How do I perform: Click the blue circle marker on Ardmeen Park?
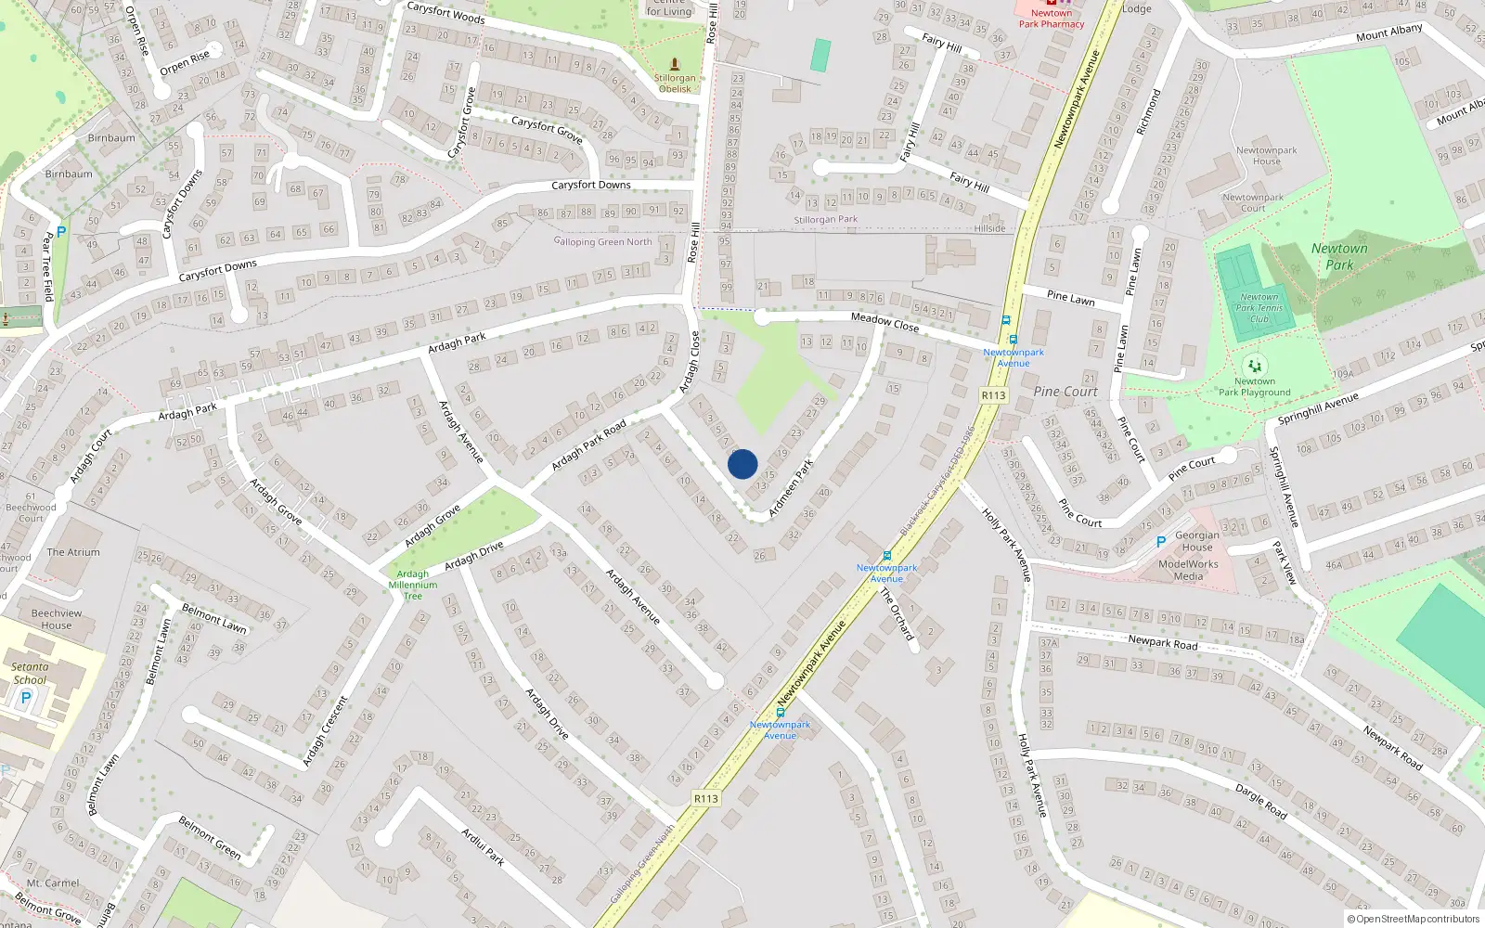click(x=742, y=464)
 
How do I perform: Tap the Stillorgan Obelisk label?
click(x=675, y=84)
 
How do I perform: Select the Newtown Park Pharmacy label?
click(x=1051, y=19)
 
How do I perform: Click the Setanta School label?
click(x=30, y=673)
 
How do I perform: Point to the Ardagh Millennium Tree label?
click(x=413, y=585)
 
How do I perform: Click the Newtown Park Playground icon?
click(x=1254, y=366)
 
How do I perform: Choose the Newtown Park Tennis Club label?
click(x=1259, y=308)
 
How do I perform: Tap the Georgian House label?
click(x=1197, y=541)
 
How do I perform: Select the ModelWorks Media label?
click(x=1188, y=570)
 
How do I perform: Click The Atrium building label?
click(x=73, y=552)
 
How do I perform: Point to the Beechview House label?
click(x=57, y=619)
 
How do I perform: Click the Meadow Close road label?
click(x=885, y=322)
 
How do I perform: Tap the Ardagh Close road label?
click(x=690, y=362)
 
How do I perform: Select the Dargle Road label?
click(x=1260, y=799)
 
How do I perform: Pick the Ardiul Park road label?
click(x=483, y=846)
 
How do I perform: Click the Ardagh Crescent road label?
click(x=325, y=731)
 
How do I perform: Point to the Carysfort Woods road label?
click(x=445, y=12)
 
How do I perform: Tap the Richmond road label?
click(x=1149, y=111)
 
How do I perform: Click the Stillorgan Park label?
click(x=825, y=220)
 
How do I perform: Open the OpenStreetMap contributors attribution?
click(x=1417, y=920)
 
